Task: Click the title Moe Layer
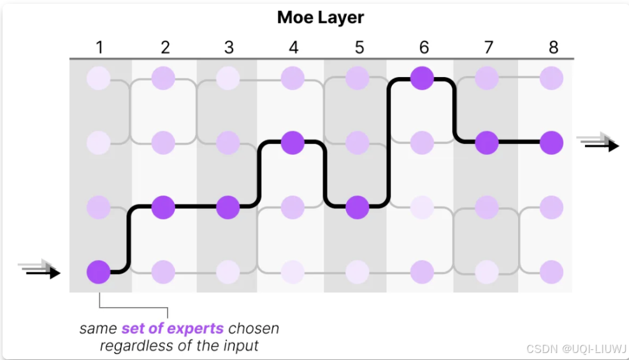[x=320, y=17]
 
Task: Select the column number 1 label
[x=99, y=47]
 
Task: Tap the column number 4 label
[x=293, y=47]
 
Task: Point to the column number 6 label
[x=424, y=47]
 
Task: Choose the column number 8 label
[x=553, y=47]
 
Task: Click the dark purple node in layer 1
[x=99, y=272]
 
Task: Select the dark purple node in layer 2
[x=164, y=207]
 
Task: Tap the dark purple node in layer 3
[x=228, y=207]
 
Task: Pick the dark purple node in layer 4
[x=293, y=142]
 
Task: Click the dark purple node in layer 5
[x=358, y=207]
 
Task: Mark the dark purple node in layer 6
[x=422, y=78]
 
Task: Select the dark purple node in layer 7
[x=487, y=142]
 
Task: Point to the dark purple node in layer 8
[x=551, y=142]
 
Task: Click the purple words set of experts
[x=172, y=329]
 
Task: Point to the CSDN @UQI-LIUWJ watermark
[x=577, y=349]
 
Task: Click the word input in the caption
[x=242, y=346]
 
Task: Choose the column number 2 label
[x=165, y=47]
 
